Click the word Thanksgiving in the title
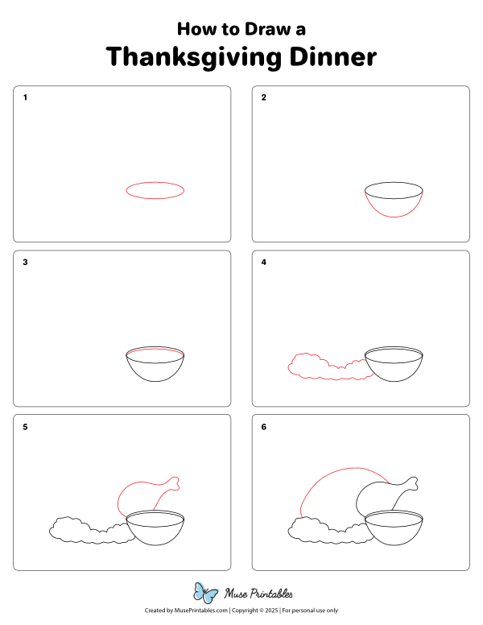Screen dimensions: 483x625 pyautogui.click(x=194, y=57)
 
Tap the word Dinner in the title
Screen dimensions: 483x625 pyautogui.click(x=332, y=56)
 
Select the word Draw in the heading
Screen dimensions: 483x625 pyautogui.click(x=267, y=29)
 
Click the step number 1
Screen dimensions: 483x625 pyautogui.click(x=25, y=97)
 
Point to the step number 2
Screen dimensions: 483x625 pyautogui.click(x=263, y=97)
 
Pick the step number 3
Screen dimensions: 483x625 pyautogui.click(x=25, y=262)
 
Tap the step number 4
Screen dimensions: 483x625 pyautogui.click(x=263, y=262)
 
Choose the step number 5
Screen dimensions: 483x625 pyautogui.click(x=25, y=427)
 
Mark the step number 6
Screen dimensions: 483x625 pyautogui.click(x=263, y=427)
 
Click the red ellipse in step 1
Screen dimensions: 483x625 pyautogui.click(x=155, y=182)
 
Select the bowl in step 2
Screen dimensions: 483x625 pyautogui.click(x=394, y=216)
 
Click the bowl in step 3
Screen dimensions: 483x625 pyautogui.click(x=155, y=381)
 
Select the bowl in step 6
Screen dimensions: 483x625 pyautogui.click(x=394, y=544)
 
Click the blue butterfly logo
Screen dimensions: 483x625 pyautogui.click(x=205, y=593)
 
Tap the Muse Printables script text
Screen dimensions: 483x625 pyautogui.click(x=258, y=594)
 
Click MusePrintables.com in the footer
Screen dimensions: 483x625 pyautogui.click(x=201, y=611)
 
